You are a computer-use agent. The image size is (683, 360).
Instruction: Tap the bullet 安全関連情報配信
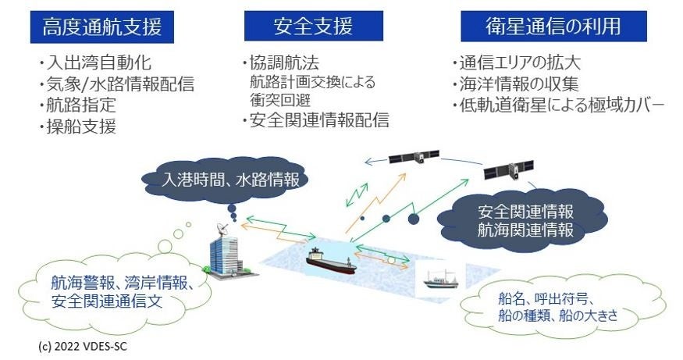coord(315,120)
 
